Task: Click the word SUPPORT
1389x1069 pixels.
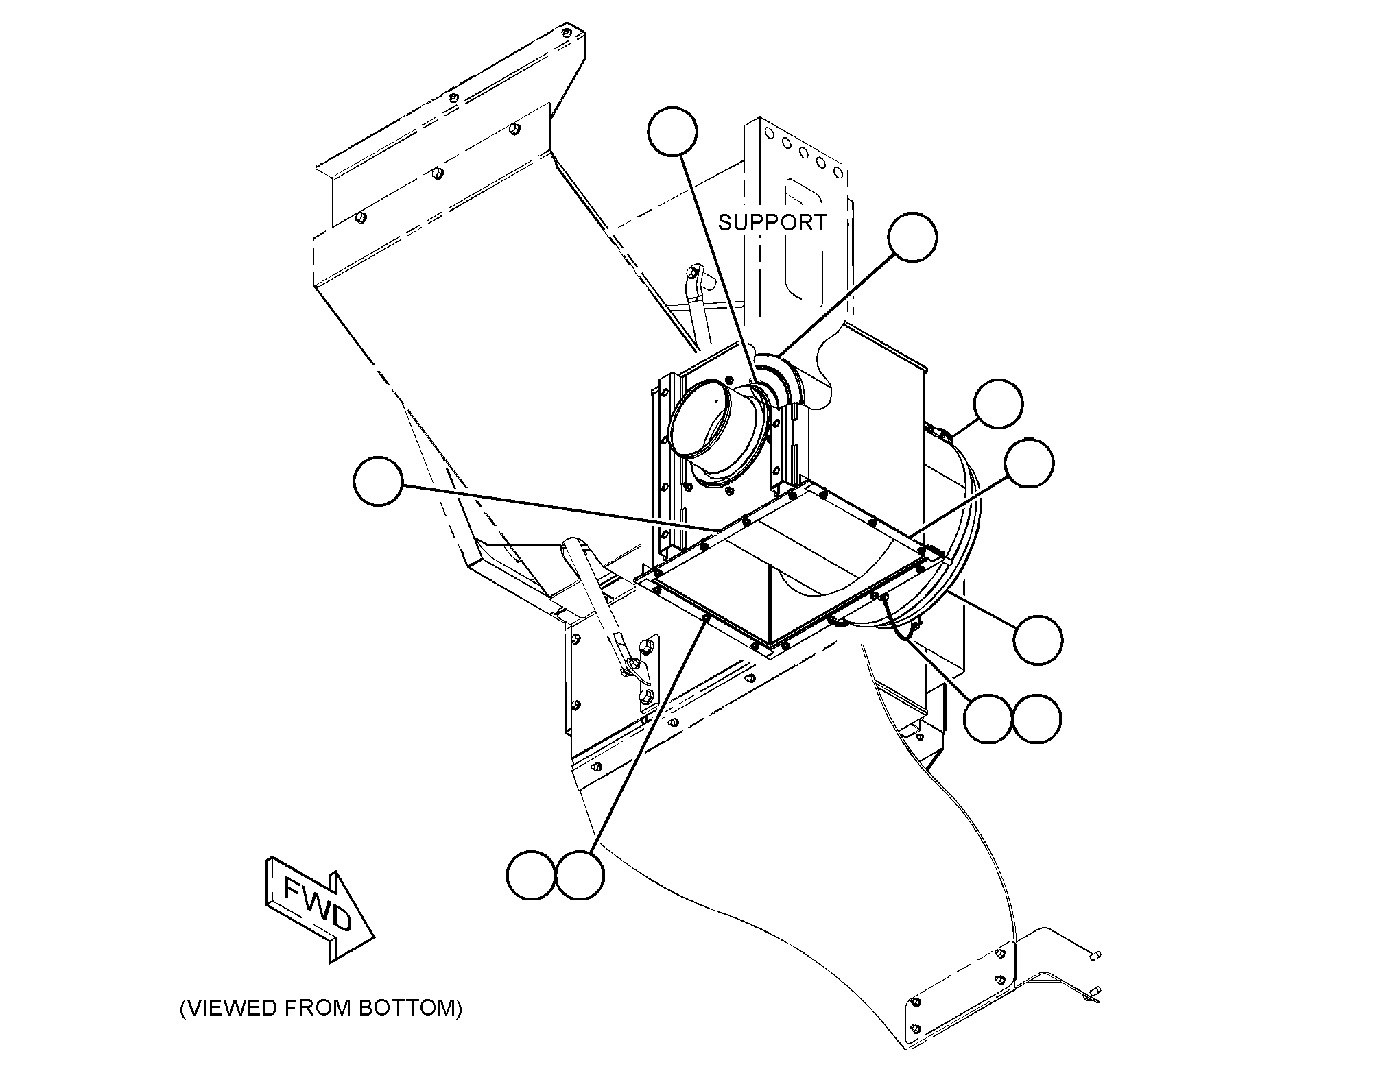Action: [772, 222]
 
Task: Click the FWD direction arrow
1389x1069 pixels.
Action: [318, 909]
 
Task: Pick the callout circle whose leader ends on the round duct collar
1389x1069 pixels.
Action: [673, 131]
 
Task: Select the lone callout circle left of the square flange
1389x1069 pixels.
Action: [379, 482]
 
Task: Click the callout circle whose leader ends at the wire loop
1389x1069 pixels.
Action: [988, 719]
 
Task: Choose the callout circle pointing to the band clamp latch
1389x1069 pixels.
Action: [998, 403]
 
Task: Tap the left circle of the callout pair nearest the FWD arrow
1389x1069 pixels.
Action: [532, 875]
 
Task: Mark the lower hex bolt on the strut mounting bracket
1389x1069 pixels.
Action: [645, 698]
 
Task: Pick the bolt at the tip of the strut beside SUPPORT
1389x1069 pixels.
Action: [694, 274]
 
